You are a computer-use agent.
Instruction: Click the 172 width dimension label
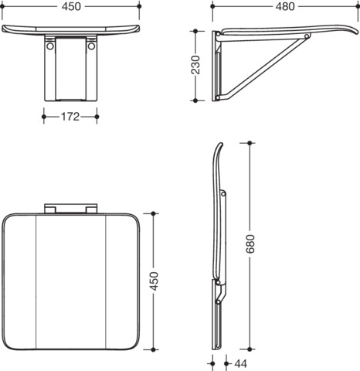click(x=70, y=117)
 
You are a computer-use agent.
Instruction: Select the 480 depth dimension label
click(x=285, y=6)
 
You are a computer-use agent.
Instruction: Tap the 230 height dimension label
click(x=195, y=65)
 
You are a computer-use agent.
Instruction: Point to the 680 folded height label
click(x=250, y=243)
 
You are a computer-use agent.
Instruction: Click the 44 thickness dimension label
click(x=241, y=364)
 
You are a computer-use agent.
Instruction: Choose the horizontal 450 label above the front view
click(x=71, y=6)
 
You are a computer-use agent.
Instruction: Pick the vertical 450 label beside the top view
click(x=154, y=281)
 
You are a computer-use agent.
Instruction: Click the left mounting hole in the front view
click(x=50, y=46)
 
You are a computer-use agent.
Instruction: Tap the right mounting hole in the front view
click(x=91, y=46)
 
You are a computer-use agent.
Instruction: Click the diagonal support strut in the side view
click(x=264, y=67)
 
